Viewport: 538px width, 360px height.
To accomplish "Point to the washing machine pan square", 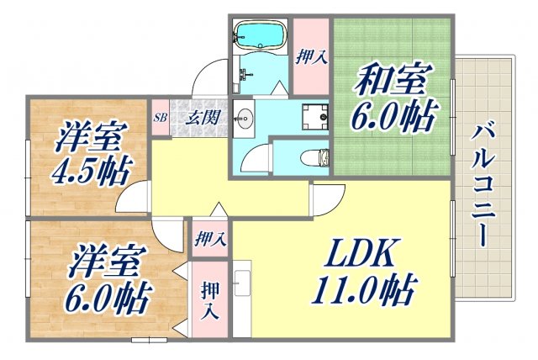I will [x=314, y=115].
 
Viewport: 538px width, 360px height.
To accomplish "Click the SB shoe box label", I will [x=160, y=118].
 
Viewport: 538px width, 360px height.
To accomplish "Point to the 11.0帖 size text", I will [x=365, y=291].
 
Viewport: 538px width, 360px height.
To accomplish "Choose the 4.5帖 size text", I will [x=89, y=171].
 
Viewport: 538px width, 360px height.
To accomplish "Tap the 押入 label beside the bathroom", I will [x=311, y=57].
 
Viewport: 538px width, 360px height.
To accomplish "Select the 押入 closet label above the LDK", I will [x=208, y=238].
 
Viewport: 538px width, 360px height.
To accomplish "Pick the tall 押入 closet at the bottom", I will [x=210, y=299].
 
